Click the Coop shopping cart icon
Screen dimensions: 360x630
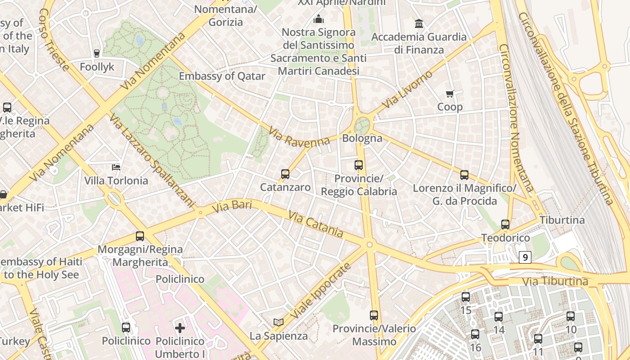pos(450,94)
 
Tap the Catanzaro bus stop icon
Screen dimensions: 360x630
pos(285,174)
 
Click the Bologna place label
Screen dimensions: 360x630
pos(362,138)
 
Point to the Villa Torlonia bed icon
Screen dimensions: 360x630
pos(116,167)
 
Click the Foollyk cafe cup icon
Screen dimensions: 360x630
pos(96,53)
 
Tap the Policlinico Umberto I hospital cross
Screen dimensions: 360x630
pos(180,328)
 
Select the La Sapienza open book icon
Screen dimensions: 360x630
pos(279,322)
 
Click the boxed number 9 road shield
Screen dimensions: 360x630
pos(525,257)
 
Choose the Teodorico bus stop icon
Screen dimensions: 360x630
pos(505,224)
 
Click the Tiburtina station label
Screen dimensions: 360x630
pos(562,220)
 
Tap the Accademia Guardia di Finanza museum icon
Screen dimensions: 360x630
pos(419,23)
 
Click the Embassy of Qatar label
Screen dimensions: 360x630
pos(222,76)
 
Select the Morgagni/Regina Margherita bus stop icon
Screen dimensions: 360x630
pos(140,236)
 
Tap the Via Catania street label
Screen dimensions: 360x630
pos(316,225)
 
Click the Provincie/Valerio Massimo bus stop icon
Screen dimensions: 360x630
pos(374,315)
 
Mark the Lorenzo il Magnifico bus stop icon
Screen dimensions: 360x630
pos(464,175)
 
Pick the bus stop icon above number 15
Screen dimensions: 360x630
pos(466,297)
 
